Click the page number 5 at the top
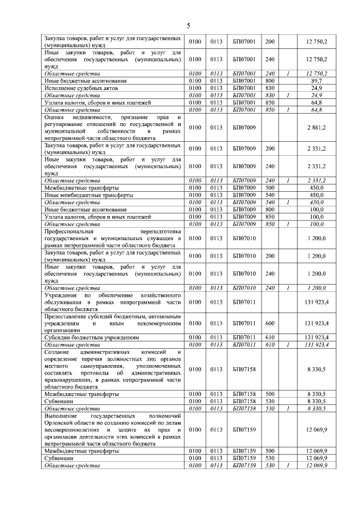coord(189,24)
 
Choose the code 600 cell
coord(269,323)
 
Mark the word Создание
coord(58,352)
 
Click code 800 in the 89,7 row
coord(269,81)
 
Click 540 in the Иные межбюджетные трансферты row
coord(269,195)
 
